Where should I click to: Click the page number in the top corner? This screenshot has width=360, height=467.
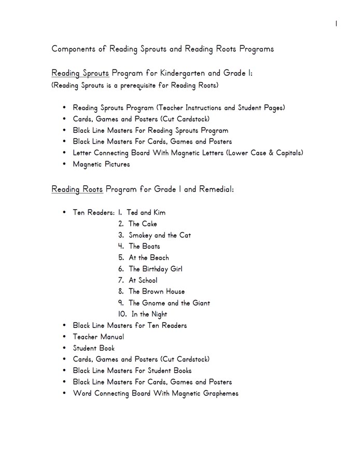[x=337, y=23]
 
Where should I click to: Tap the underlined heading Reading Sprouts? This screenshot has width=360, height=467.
[x=80, y=74]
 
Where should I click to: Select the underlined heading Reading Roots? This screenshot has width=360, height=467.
[x=77, y=189]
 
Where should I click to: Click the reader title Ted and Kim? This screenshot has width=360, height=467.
[x=146, y=213]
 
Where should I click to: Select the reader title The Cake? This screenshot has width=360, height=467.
[x=143, y=224]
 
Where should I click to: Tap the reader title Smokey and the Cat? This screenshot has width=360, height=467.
[x=160, y=235]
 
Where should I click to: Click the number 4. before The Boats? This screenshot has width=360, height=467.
[x=121, y=246]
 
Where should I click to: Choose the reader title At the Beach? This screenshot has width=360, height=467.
[x=149, y=258]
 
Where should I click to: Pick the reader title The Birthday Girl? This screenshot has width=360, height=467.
[x=155, y=269]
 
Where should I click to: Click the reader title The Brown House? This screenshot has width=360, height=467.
[x=157, y=292]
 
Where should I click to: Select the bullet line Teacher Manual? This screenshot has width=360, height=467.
[x=99, y=337]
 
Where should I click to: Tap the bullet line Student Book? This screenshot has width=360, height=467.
[x=94, y=348]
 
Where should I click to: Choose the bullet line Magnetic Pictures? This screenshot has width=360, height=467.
[x=101, y=164]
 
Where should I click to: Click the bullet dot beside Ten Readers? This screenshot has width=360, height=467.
[x=64, y=213]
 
